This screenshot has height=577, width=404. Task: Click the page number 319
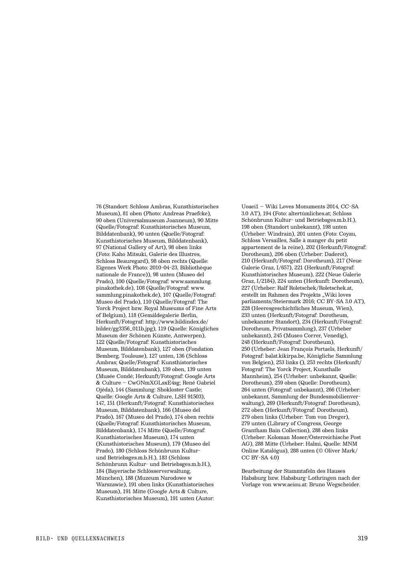363,538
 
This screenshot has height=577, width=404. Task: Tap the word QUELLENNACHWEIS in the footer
98,539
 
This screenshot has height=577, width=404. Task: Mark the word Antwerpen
191,335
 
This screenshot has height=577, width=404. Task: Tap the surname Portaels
323,349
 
